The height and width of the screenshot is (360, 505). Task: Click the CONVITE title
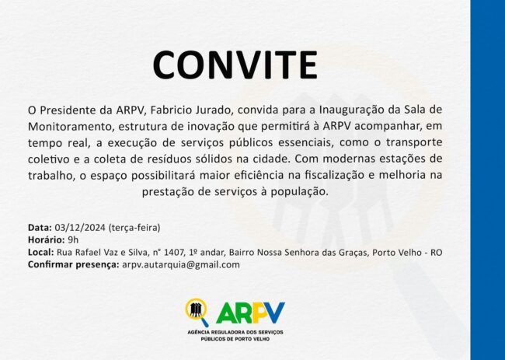[x=235, y=65]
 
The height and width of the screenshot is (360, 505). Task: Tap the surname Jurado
[x=214, y=110]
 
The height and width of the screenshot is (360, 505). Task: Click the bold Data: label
[x=40, y=228]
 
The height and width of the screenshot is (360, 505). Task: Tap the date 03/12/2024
[x=80, y=228]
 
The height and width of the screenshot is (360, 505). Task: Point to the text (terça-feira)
[x=134, y=228]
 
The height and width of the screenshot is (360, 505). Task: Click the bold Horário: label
[x=47, y=239]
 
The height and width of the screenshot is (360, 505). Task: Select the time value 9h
[x=73, y=239]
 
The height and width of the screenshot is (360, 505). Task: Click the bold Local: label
[x=41, y=252]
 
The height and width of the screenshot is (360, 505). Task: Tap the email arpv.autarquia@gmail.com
[x=181, y=265]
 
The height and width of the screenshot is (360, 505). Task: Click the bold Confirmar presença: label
[x=74, y=264]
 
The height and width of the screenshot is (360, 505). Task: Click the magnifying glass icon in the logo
[x=197, y=312]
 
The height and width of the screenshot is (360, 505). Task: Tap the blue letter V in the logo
[x=274, y=313]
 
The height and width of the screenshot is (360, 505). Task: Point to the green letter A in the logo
[x=226, y=313]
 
